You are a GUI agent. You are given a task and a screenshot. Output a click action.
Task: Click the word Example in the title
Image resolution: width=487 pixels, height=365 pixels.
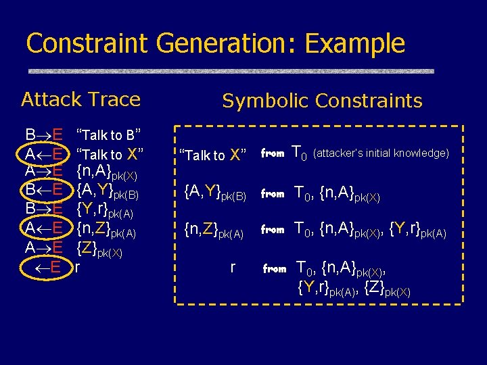(354, 43)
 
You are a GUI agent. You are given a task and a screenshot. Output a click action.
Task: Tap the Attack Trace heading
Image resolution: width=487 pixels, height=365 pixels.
(80, 99)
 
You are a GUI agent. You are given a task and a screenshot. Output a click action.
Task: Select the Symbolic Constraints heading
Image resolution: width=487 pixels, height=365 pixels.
(322, 101)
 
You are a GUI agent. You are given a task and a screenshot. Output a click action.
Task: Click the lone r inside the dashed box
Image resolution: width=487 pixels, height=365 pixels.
(232, 267)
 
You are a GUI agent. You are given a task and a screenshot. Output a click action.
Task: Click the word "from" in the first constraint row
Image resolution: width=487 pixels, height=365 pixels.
(273, 154)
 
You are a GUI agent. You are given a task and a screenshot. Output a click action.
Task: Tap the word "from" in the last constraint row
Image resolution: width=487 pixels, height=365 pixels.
(274, 268)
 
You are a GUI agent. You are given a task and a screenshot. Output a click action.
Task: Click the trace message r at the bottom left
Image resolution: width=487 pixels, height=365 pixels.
(78, 268)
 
